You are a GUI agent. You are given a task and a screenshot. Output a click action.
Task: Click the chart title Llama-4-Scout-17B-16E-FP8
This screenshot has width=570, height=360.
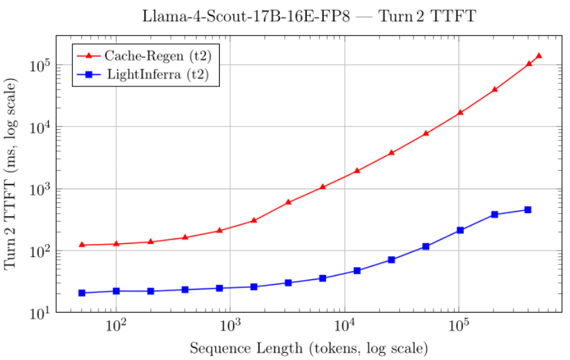(x=309, y=15)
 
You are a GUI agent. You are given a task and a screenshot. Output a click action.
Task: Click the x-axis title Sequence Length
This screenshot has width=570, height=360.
(x=309, y=347)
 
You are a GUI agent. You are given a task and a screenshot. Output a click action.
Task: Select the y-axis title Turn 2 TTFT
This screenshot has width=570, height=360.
(x=11, y=173)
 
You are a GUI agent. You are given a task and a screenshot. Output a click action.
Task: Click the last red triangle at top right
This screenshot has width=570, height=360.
(x=539, y=55)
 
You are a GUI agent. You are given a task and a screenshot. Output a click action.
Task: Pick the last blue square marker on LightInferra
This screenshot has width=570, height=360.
(x=528, y=210)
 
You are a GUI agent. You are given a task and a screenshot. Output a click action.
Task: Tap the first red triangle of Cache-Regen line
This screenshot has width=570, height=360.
(x=82, y=245)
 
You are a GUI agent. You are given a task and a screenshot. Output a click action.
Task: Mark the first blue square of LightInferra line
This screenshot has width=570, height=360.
(x=82, y=293)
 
